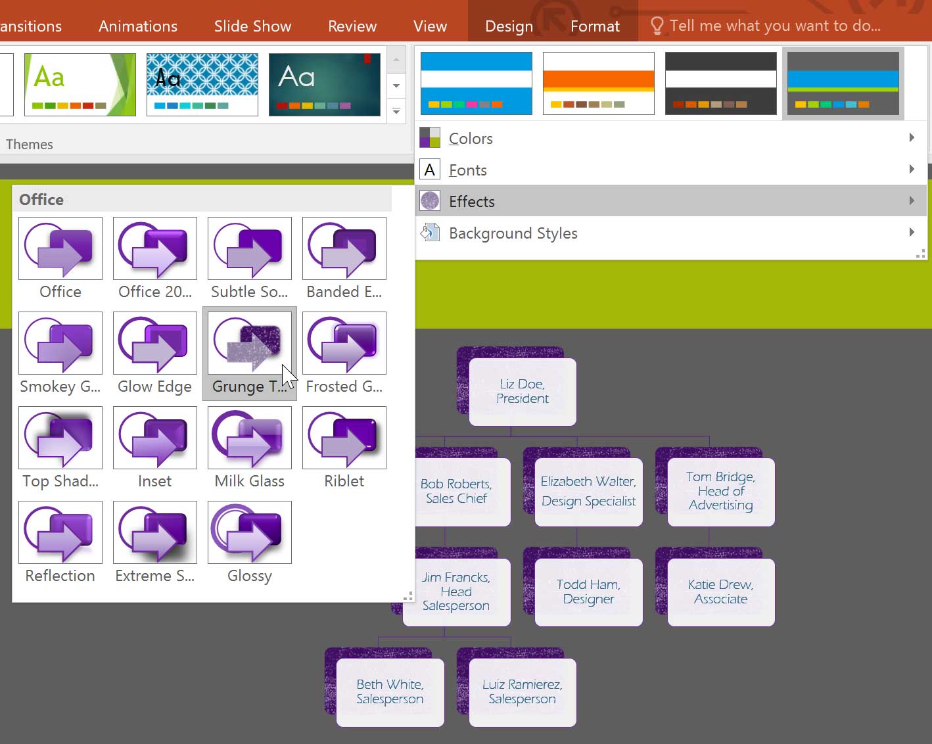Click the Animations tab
pyautogui.click(x=138, y=26)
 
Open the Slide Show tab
pyautogui.click(x=252, y=26)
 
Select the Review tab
pyautogui.click(x=352, y=26)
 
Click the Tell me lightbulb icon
pyautogui.click(x=657, y=26)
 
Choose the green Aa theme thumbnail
pyautogui.click(x=80, y=85)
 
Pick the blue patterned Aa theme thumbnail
pyautogui.click(x=202, y=85)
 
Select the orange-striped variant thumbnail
pyautogui.click(x=599, y=83)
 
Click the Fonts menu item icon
pyautogui.click(x=430, y=170)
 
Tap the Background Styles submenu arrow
pyautogui.click(x=912, y=233)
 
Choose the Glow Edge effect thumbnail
pyautogui.click(x=155, y=343)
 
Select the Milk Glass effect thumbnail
pyautogui.click(x=250, y=437)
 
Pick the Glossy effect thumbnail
pyautogui.click(x=250, y=532)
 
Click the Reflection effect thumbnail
pyautogui.click(x=60, y=532)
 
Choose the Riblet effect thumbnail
pyautogui.click(x=344, y=437)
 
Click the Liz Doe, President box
pyautogui.click(x=523, y=392)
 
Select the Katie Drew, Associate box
pyautogui.click(x=720, y=592)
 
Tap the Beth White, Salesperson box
pyautogui.click(x=390, y=692)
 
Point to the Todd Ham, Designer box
pyautogui.click(x=588, y=592)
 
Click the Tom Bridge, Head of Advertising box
pyautogui.click(x=720, y=492)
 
